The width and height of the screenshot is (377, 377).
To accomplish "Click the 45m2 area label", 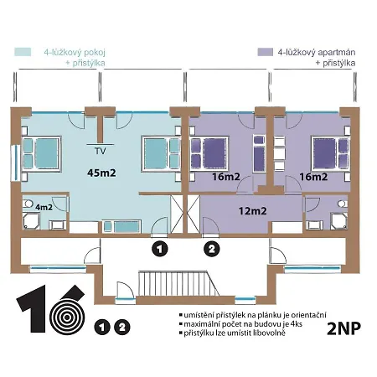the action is click(101, 173).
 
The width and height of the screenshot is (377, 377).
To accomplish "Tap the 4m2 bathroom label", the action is click(44, 207).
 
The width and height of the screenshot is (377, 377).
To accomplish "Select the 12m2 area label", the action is click(252, 211).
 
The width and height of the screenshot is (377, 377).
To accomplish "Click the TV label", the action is click(101, 151).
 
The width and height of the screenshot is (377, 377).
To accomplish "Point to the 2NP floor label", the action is click(343, 328).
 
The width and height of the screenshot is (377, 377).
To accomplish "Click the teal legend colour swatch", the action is click(23, 52).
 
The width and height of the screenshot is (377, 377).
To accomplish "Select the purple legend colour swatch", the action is click(265, 52).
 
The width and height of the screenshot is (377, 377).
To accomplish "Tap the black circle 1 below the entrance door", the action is click(160, 249).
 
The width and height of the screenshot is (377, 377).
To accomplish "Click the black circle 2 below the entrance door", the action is click(212, 249).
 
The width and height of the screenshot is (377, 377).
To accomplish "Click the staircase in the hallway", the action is click(178, 283).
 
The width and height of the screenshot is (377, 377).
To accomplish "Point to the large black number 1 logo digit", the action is click(32, 308).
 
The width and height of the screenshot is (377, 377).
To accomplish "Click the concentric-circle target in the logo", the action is click(67, 318).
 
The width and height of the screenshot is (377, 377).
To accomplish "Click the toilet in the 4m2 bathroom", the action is click(28, 203).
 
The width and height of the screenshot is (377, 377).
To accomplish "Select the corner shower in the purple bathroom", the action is click(338, 221).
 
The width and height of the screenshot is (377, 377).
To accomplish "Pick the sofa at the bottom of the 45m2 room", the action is click(121, 226).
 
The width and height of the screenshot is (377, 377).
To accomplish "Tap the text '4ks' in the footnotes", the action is click(297, 324).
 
